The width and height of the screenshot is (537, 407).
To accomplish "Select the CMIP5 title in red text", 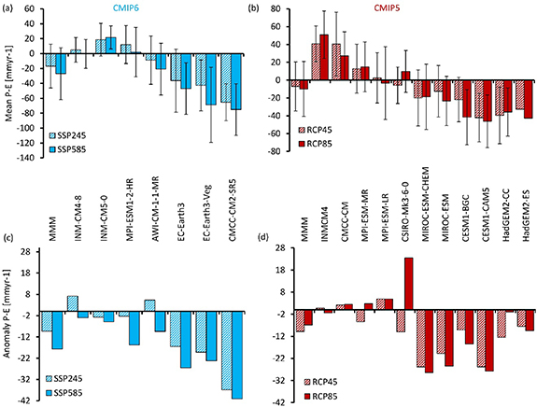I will (399, 8).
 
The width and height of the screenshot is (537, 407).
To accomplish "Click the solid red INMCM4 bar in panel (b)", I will (325, 57).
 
